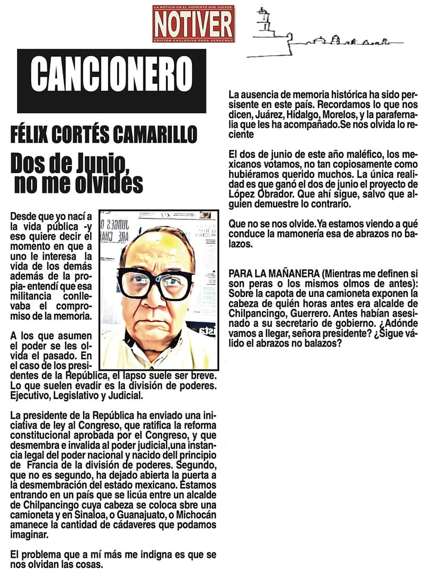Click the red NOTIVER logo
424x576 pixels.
click(193, 24)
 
